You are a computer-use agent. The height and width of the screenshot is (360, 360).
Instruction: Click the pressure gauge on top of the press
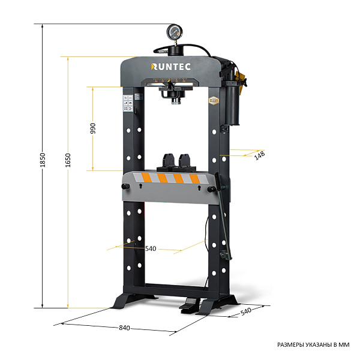[175, 32]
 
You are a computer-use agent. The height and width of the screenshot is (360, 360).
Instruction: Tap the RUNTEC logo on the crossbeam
[171, 67]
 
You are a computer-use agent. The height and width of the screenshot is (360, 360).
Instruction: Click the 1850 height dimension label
[43, 160]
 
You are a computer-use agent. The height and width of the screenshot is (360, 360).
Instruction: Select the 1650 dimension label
[68, 160]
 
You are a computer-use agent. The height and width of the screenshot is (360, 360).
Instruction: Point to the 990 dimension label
[93, 128]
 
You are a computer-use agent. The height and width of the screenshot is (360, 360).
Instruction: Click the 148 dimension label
[260, 155]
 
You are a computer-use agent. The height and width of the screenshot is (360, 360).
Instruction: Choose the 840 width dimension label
[124, 328]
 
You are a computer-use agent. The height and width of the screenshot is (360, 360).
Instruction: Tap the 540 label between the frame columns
[151, 248]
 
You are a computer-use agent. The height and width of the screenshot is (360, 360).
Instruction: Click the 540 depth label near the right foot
[245, 311]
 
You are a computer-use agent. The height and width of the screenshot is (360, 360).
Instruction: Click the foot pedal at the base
[190, 305]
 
